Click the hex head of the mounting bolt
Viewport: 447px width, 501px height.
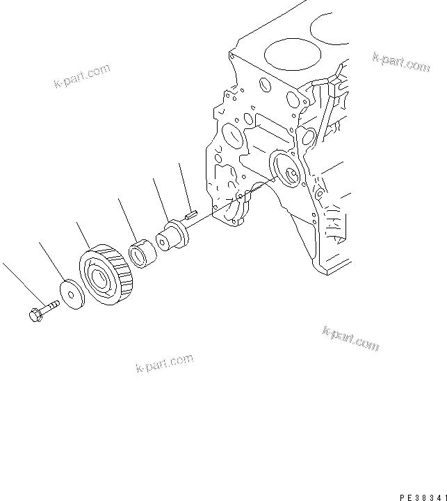click(35, 314)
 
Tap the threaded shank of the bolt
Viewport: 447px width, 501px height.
click(51, 305)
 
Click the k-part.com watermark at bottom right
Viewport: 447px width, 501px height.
click(351, 337)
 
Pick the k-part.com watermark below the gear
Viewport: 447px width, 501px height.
click(165, 363)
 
